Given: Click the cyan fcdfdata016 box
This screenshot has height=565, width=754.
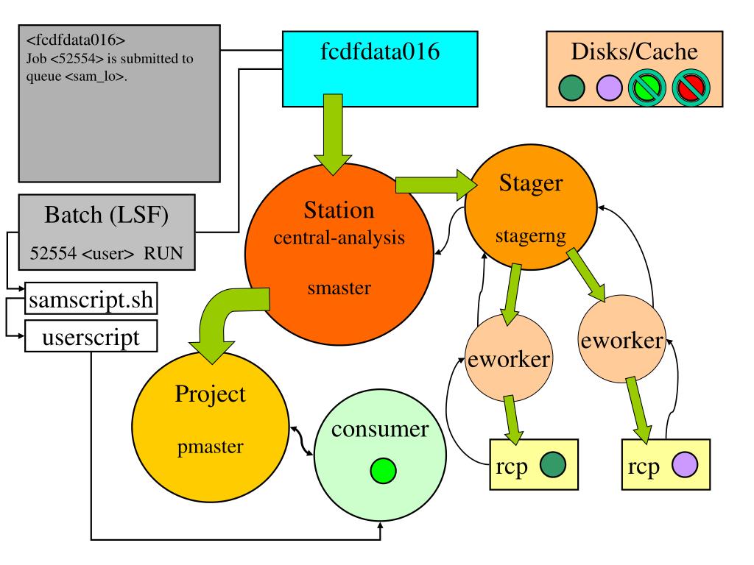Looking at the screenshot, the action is [380, 68].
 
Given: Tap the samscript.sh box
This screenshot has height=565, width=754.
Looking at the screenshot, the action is [91, 299].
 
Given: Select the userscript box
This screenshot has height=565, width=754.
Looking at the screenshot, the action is [91, 336].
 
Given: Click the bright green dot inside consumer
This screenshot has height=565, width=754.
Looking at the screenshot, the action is [383, 470].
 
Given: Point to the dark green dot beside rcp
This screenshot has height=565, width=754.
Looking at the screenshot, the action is [552, 465].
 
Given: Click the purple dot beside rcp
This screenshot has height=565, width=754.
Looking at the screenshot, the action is [684, 465].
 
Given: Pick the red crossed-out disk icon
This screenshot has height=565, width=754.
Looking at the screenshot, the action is [691, 88].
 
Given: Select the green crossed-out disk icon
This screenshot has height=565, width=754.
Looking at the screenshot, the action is [647, 88].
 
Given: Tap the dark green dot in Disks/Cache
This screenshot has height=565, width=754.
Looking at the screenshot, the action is [571, 88].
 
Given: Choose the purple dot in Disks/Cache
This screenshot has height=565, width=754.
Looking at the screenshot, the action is [609, 88].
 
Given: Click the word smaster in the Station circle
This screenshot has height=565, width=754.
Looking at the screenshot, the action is [339, 288].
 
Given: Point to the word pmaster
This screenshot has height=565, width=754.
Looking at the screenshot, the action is [210, 447].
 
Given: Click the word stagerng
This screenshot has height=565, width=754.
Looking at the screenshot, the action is [530, 236].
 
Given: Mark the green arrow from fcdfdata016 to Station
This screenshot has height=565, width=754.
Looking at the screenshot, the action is [333, 135].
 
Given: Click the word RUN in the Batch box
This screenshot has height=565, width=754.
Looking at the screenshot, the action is [163, 253].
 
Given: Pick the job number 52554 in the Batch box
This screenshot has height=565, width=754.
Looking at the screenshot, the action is [53, 253].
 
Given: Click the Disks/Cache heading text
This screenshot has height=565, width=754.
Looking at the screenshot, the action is [634, 51].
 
